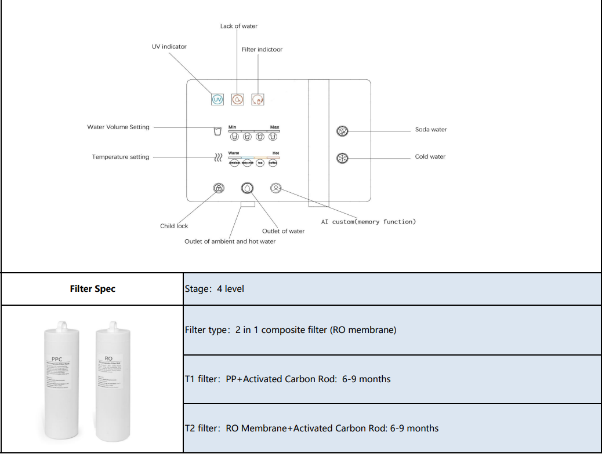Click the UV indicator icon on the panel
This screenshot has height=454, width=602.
click(217, 100)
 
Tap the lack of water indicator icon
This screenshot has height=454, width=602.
click(237, 100)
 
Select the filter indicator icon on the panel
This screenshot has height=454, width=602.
click(258, 100)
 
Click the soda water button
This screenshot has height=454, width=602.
click(342, 131)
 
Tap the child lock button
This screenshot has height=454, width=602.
click(219, 188)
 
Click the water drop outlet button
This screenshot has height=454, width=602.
click(248, 188)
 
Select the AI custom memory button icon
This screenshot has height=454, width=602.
click(276, 188)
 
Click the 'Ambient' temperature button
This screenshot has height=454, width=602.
click(234, 163)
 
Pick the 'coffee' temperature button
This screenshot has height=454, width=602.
click(273, 163)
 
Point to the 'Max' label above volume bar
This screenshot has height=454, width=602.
click(274, 127)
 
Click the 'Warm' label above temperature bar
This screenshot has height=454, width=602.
click(234, 153)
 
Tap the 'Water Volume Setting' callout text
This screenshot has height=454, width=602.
click(118, 127)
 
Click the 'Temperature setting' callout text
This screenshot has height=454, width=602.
click(121, 157)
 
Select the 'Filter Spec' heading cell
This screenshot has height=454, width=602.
click(93, 288)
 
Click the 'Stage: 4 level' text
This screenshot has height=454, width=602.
click(215, 288)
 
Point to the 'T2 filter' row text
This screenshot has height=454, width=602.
click(311, 429)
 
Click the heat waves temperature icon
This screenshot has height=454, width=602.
click(218, 158)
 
